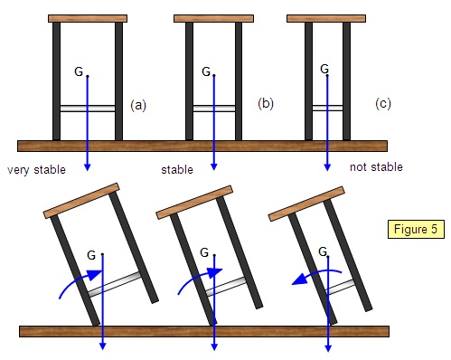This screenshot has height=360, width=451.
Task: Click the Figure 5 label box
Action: click(416, 229)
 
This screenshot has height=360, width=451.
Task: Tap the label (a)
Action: click(138, 106)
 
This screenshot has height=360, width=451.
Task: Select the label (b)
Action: click(266, 104)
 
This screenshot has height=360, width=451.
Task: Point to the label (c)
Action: click(383, 104)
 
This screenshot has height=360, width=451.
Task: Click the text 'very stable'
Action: click(36, 170)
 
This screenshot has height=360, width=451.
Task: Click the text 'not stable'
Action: click(376, 166)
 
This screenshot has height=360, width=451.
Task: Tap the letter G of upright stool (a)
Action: click(79, 71)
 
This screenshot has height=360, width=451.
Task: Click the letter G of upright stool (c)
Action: click(324, 69)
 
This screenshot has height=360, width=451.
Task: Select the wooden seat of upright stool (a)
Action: click(88, 18)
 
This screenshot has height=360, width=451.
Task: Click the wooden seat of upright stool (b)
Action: click(213, 18)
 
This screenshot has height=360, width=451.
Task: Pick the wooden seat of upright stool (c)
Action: click(326, 18)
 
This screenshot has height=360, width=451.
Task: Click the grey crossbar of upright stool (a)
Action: click(88, 109)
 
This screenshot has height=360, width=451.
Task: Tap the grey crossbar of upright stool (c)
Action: click(327, 108)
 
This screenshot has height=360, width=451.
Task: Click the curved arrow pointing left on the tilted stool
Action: click(316, 273)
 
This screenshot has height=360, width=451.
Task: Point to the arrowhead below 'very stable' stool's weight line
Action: click(88, 167)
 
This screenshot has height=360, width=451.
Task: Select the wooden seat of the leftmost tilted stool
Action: click(81, 201)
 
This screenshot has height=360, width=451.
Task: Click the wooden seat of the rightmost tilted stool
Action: click(306, 204)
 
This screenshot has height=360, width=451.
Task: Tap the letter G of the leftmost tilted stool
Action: click(91, 255)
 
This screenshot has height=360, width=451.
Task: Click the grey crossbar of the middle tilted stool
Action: click(226, 286)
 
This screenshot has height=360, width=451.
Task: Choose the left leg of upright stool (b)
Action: click(189, 81)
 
